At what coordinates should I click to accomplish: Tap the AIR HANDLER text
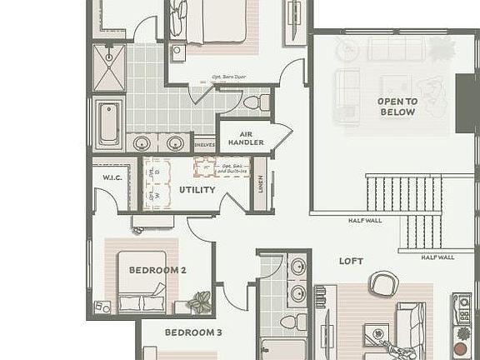[246, 137]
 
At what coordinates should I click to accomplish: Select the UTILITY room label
[197, 190]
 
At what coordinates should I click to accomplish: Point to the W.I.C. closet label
[112, 177]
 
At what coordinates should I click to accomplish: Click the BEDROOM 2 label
[157, 270]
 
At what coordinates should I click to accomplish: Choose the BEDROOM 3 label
[192, 332]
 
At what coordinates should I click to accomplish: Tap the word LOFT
[351, 261]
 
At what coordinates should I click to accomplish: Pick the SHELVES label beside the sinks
[204, 145]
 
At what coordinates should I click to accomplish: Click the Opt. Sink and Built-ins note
[233, 168]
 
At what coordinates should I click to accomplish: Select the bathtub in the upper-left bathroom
[109, 123]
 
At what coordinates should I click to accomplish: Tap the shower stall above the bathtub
[109, 67]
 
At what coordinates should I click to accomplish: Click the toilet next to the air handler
[257, 103]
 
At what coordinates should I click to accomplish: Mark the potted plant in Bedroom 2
[199, 302]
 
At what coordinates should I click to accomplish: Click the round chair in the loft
[383, 284]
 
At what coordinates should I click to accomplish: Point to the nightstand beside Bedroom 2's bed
[102, 307]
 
